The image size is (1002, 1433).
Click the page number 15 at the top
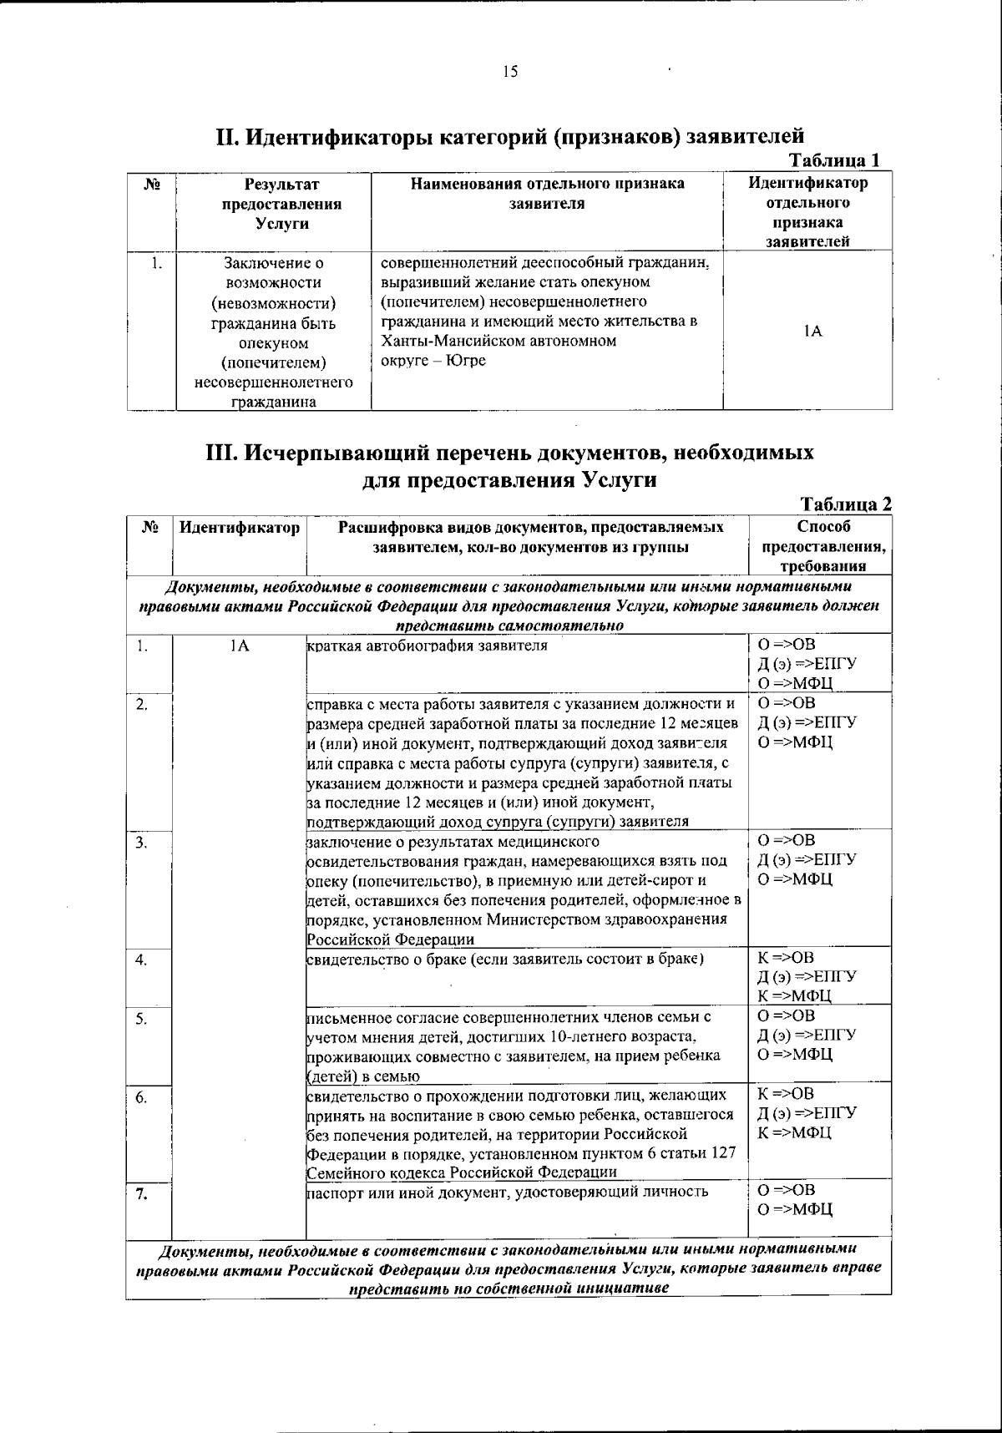(x=510, y=72)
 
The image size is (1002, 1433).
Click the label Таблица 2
(x=846, y=504)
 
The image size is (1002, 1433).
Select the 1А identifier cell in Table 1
(x=807, y=332)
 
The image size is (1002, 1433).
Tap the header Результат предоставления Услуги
(x=281, y=204)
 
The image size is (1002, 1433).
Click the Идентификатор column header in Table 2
(x=240, y=528)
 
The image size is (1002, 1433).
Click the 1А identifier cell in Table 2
(x=239, y=646)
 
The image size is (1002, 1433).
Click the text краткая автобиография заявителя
(x=428, y=646)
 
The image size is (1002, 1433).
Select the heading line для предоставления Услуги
(x=509, y=480)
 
